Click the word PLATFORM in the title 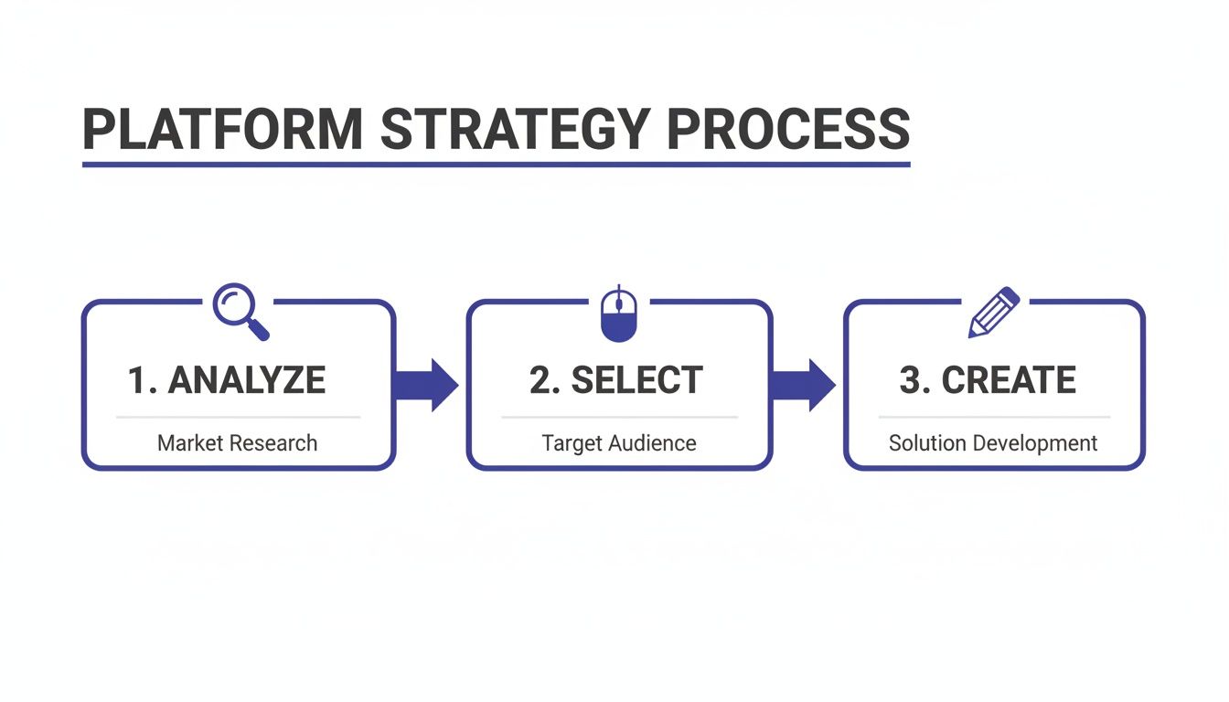(223, 130)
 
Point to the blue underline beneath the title (496, 165)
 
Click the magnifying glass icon (240, 311)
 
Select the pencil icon (994, 313)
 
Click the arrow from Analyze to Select (426, 385)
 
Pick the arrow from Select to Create (804, 385)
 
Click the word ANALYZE (247, 380)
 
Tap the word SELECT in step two (637, 380)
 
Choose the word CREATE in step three (1009, 380)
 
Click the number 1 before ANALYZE (137, 380)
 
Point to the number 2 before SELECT (541, 380)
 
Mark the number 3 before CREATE (912, 380)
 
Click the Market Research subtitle (238, 443)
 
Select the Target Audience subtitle (619, 443)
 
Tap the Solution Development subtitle (993, 443)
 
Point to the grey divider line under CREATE (994, 417)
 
